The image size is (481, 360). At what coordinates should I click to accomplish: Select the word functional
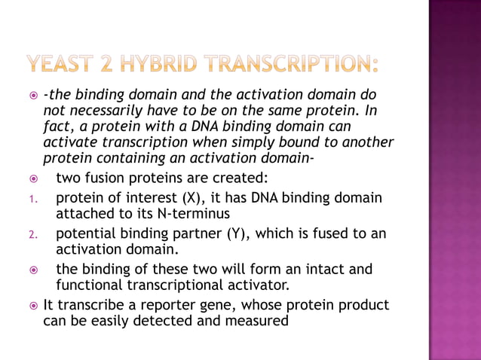coord(89,285)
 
